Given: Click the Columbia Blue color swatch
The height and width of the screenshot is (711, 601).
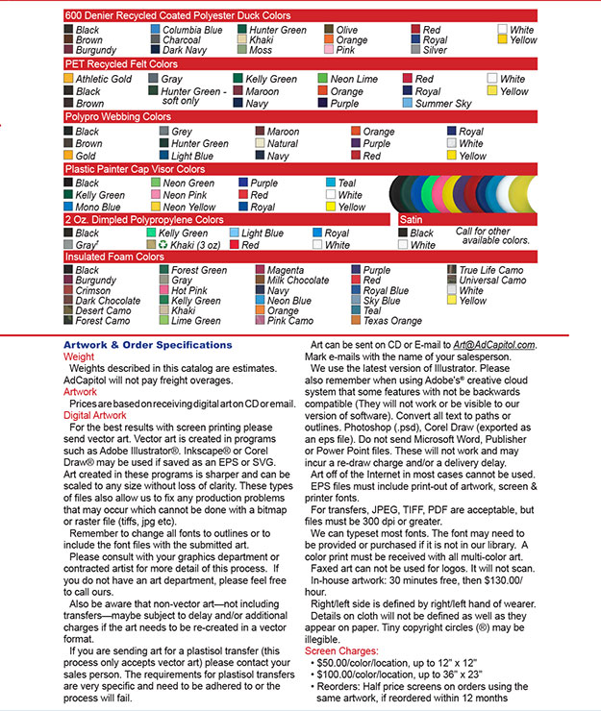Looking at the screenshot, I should pos(155,31).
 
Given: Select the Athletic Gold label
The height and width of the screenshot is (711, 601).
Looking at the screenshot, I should pos(104,79).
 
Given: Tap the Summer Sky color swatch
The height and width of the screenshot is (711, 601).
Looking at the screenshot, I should pos(408,104).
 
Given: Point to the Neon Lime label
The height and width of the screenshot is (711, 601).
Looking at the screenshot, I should pos(355,79).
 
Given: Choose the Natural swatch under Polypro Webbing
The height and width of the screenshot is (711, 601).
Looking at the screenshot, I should pos(261,144).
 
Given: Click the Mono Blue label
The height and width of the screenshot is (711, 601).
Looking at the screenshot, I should pos(98,207).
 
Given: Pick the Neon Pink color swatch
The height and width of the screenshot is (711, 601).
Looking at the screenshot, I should pos(155,195).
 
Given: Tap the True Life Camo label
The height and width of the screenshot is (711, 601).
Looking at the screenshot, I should pos(492,271).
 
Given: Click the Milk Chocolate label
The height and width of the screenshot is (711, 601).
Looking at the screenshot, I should pos(297,281).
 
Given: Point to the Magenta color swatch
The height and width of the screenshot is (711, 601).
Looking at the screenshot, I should pos(261,271).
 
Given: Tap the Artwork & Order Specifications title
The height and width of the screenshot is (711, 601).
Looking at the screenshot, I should pos(147,345).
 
